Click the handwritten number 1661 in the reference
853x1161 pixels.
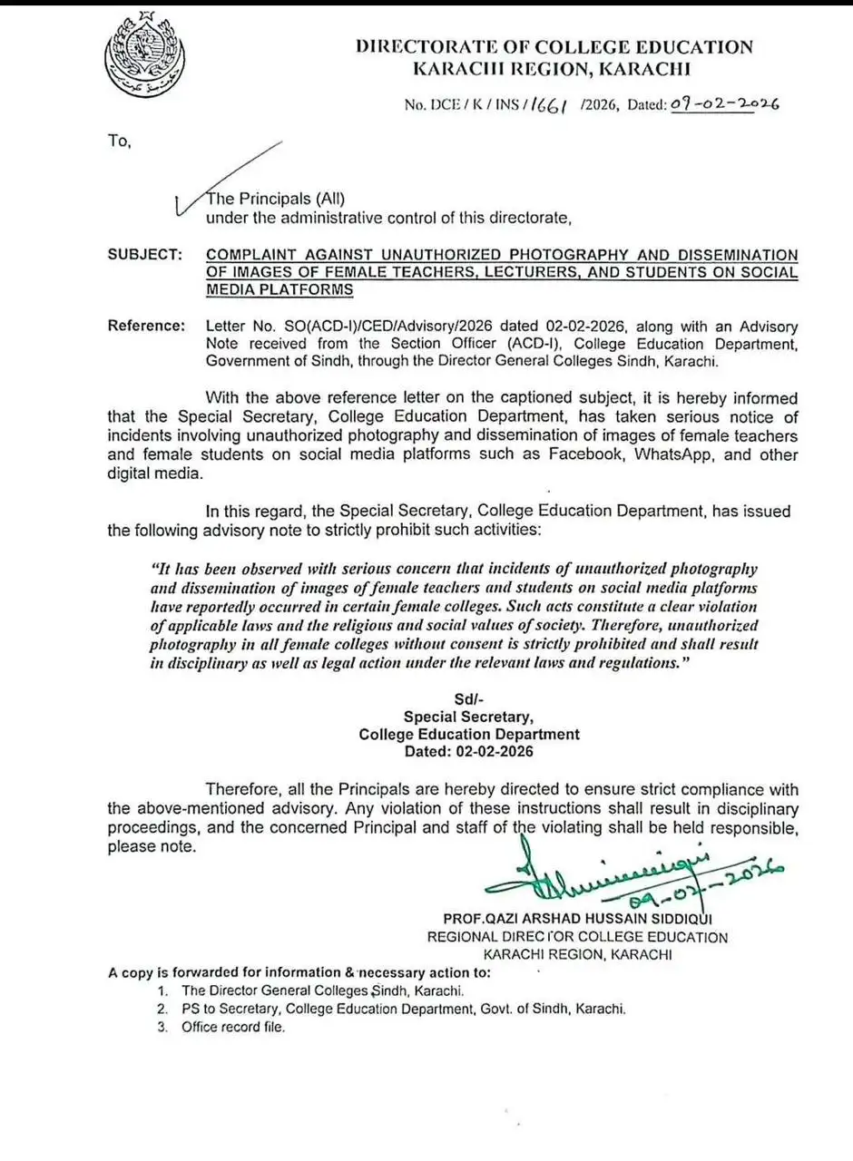552,104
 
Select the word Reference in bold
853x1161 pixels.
146,326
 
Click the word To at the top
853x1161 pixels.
119,141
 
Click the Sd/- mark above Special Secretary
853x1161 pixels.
468,698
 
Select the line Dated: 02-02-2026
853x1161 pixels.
469,751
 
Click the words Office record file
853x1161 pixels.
232,1027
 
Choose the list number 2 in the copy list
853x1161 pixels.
161,1009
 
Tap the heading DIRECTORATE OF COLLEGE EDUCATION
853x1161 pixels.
554,46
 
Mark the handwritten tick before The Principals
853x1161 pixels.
181,205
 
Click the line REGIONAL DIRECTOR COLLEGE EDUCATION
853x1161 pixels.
578,937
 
